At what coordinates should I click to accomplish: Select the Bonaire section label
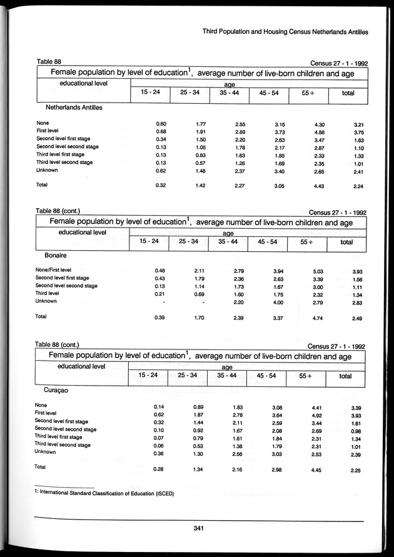(56, 256)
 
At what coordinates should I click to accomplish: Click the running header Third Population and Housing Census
(284, 31)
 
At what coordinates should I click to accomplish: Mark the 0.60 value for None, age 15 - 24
(160, 123)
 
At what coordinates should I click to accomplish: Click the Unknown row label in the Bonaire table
(46, 301)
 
